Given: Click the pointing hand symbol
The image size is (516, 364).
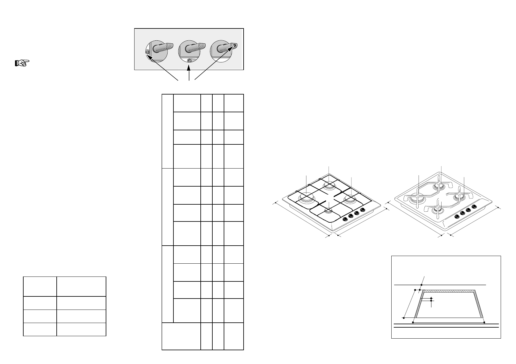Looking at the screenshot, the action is click(22, 63).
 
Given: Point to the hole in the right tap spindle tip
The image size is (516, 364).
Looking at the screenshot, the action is click(235, 46).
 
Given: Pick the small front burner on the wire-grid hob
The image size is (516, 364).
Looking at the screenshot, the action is click(328, 210).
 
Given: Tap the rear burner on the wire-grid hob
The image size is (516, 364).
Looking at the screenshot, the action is click(329, 185).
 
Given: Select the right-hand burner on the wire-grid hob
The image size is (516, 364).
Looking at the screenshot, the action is click(350, 200).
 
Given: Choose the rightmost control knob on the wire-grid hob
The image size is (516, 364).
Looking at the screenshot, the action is click(363, 210).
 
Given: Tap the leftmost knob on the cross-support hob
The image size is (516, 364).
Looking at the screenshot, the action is click(456, 216).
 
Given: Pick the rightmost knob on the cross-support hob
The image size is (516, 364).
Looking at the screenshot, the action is click(475, 206).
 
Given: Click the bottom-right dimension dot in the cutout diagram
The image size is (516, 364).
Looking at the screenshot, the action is click(484, 322).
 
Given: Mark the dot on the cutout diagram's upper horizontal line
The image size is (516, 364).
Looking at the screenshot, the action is click(422, 285).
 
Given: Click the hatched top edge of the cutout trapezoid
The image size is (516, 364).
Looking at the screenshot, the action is click(449, 291).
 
